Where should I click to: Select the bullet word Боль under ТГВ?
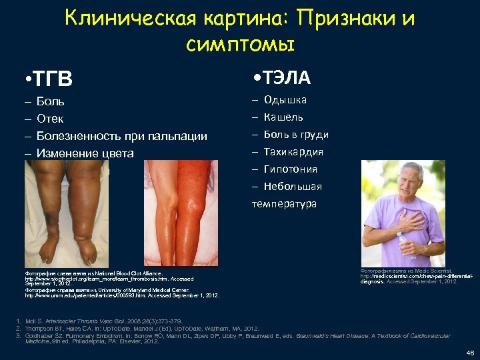[x=51, y=102]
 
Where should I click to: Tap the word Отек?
[x=51, y=119]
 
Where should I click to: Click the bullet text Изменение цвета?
[x=85, y=153]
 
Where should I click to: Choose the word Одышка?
[x=285, y=100]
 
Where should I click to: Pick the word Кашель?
[x=284, y=117]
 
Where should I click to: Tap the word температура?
[x=284, y=203]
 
